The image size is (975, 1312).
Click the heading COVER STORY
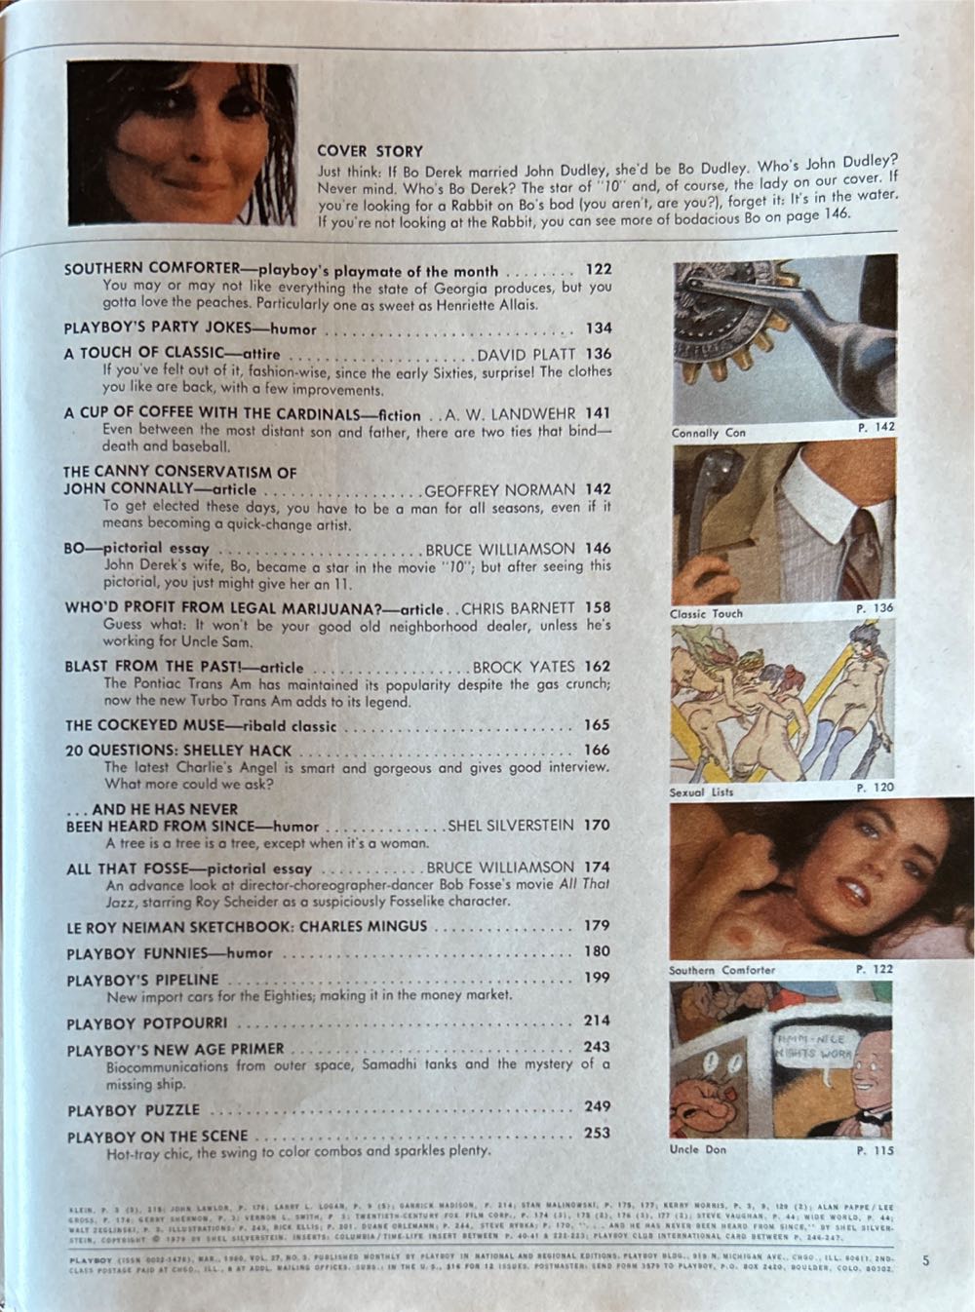coord(370,151)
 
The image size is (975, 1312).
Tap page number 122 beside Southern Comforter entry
coord(598,270)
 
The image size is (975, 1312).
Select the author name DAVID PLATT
coord(526,354)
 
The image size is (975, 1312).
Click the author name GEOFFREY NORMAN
coord(501,490)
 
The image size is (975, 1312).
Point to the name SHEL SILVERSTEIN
coord(511,825)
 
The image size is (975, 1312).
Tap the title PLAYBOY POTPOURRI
coord(147,1023)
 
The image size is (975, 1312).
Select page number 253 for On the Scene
coord(596,1133)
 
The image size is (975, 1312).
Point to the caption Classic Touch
coord(706,614)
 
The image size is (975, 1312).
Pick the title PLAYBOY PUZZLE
coord(134,1110)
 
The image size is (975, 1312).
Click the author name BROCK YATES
coord(526,667)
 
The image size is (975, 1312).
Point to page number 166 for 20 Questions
coord(597,750)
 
